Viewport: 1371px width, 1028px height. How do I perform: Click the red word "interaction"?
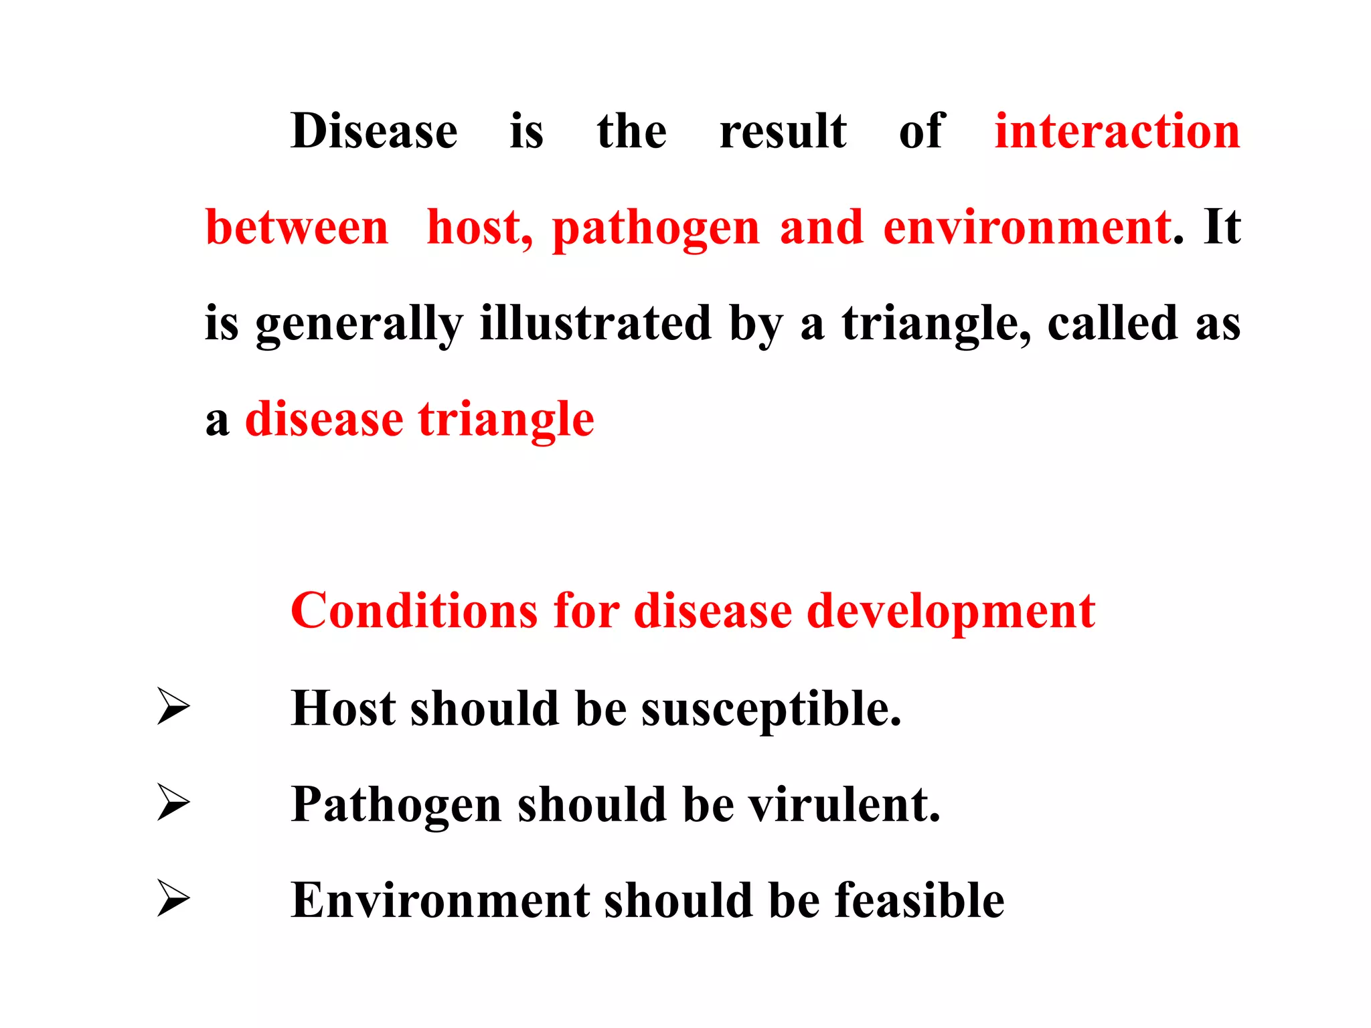[1117, 131]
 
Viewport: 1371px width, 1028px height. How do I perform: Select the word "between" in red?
[297, 228]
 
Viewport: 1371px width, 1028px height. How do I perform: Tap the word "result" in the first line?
[783, 131]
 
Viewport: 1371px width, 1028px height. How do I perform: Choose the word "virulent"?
[843, 804]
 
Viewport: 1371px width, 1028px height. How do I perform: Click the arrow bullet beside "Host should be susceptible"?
[173, 706]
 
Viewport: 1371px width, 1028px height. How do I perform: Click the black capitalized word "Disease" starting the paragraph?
[374, 131]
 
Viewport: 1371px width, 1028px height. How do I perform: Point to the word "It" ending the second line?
[1222, 228]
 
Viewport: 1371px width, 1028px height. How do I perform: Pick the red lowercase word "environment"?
[1027, 228]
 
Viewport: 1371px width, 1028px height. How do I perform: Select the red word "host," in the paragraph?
[480, 228]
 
